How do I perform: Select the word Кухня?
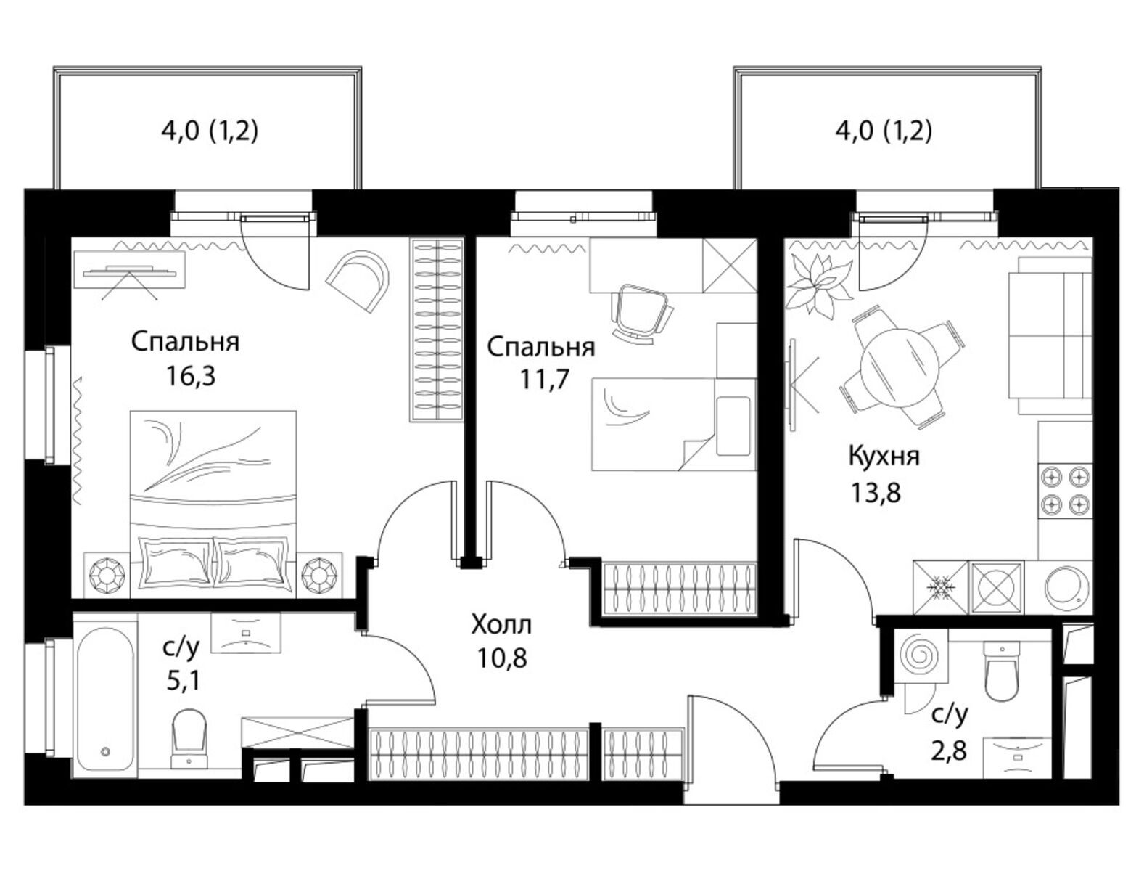[x=884, y=456]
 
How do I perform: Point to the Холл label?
[x=501, y=625]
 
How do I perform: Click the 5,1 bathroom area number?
[x=183, y=680]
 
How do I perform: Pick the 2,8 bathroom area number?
[x=949, y=752]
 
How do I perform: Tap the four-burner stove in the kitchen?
[x=1065, y=491]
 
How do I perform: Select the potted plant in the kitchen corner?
[x=818, y=285]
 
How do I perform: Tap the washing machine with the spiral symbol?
[x=920, y=655]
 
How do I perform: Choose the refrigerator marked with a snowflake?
[x=941, y=587]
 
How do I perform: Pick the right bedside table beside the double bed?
[x=319, y=575]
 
